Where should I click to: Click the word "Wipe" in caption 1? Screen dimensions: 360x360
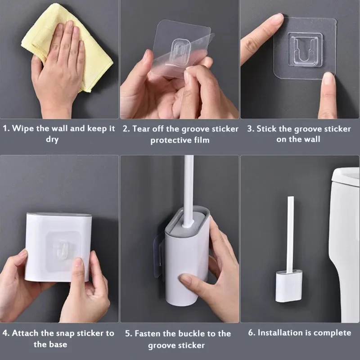pyautogui.click(x=23, y=129)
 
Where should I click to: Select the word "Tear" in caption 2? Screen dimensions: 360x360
pyautogui.click(x=141, y=129)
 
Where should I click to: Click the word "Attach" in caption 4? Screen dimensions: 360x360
pyautogui.click(x=26, y=333)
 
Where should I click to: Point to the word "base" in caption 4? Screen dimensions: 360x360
pyautogui.click(x=58, y=345)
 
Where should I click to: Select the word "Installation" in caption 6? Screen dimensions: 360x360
pyautogui.click(x=280, y=333)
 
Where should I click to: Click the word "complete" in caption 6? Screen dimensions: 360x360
pyautogui.click(x=332, y=333)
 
